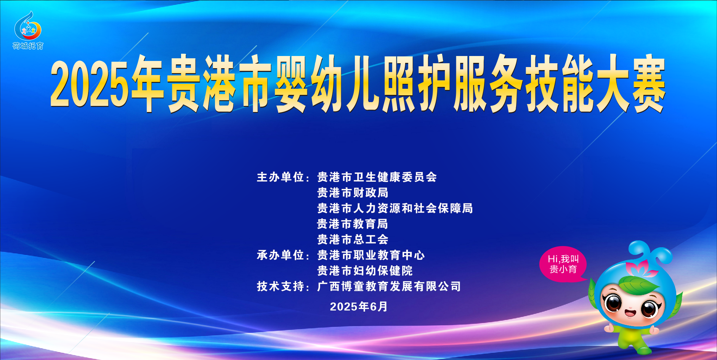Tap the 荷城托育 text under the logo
(x=28, y=46)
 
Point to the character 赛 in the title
(x=648, y=85)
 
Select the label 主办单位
(x=280, y=177)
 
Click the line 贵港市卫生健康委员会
(x=377, y=177)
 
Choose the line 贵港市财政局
(x=353, y=193)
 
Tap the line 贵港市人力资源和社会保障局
(x=395, y=208)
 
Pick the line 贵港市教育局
(x=353, y=224)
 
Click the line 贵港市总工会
(x=353, y=240)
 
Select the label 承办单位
(x=280, y=255)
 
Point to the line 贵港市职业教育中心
(x=371, y=255)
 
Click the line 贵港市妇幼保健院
(x=365, y=271)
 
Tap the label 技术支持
(x=280, y=286)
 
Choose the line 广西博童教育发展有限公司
(x=389, y=286)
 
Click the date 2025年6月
(x=359, y=307)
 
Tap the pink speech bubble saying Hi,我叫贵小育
(x=563, y=264)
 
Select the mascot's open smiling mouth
(x=630, y=313)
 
